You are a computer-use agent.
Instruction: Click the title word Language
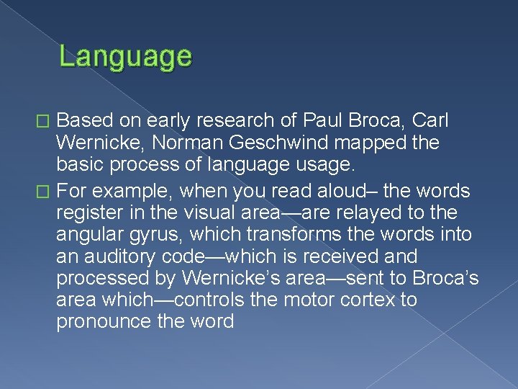(x=125, y=56)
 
